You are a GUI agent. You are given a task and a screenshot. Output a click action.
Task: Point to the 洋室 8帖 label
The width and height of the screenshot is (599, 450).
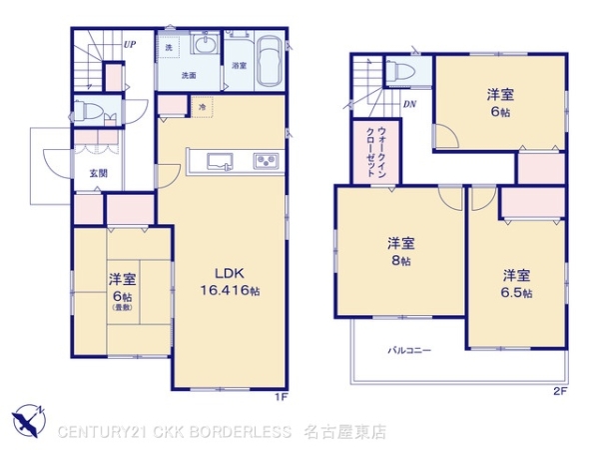(402, 250)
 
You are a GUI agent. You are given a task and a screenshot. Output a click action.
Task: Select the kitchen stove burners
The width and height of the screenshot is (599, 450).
(267, 161)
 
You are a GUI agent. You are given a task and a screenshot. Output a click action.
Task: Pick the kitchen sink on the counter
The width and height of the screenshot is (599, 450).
(219, 160)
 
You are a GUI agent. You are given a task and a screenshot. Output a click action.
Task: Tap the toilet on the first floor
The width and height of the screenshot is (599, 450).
(93, 113)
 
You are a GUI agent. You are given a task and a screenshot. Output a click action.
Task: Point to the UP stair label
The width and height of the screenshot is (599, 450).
(130, 44)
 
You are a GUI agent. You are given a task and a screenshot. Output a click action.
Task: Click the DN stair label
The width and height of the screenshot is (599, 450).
(409, 103)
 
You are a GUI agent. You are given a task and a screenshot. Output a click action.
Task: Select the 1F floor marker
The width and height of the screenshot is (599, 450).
(284, 396)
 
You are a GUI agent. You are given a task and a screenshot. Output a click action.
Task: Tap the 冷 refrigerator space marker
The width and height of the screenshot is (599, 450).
(203, 106)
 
